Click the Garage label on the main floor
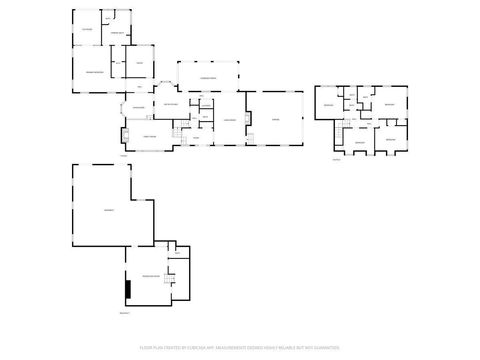[276, 119]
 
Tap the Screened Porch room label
[209, 77]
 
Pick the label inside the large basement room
[108, 208]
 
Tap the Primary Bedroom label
[94, 73]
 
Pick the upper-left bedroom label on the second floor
[327, 104]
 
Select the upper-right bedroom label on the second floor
[391, 104]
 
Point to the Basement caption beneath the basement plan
[125, 313]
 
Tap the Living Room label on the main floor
[229, 119]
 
